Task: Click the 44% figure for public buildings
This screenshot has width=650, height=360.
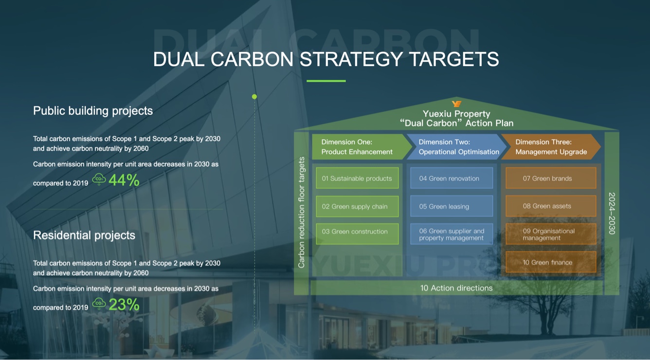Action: [x=124, y=180]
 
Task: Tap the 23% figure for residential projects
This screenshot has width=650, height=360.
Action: [x=124, y=305]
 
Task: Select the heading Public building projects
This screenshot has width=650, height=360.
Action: [x=93, y=111]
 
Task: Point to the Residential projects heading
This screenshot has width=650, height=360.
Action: [x=84, y=235]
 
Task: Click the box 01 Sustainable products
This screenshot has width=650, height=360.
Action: [x=357, y=178]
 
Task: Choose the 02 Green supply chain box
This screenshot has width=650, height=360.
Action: [x=357, y=206]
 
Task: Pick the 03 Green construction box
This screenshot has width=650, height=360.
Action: [x=357, y=234]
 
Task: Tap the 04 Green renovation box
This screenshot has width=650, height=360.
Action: [x=451, y=178]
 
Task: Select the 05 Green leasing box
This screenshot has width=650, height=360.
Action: [x=451, y=206]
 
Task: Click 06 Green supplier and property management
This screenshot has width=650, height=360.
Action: [x=451, y=234]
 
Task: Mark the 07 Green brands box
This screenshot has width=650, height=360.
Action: [x=551, y=178]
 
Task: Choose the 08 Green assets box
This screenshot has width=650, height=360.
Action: [x=551, y=206]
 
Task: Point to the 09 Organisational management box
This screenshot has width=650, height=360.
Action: [x=551, y=234]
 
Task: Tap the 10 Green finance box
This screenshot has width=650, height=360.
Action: [x=551, y=262]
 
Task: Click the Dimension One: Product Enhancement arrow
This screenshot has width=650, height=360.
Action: [x=361, y=147]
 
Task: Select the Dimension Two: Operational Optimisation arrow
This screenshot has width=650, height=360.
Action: [x=456, y=147]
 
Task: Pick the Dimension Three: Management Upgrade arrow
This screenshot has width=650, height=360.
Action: [x=551, y=147]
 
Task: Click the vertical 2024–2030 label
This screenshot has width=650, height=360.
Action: [x=612, y=213]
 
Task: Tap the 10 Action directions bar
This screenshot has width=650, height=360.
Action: [x=456, y=288]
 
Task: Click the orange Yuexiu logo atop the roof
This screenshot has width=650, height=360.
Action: [x=456, y=104]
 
